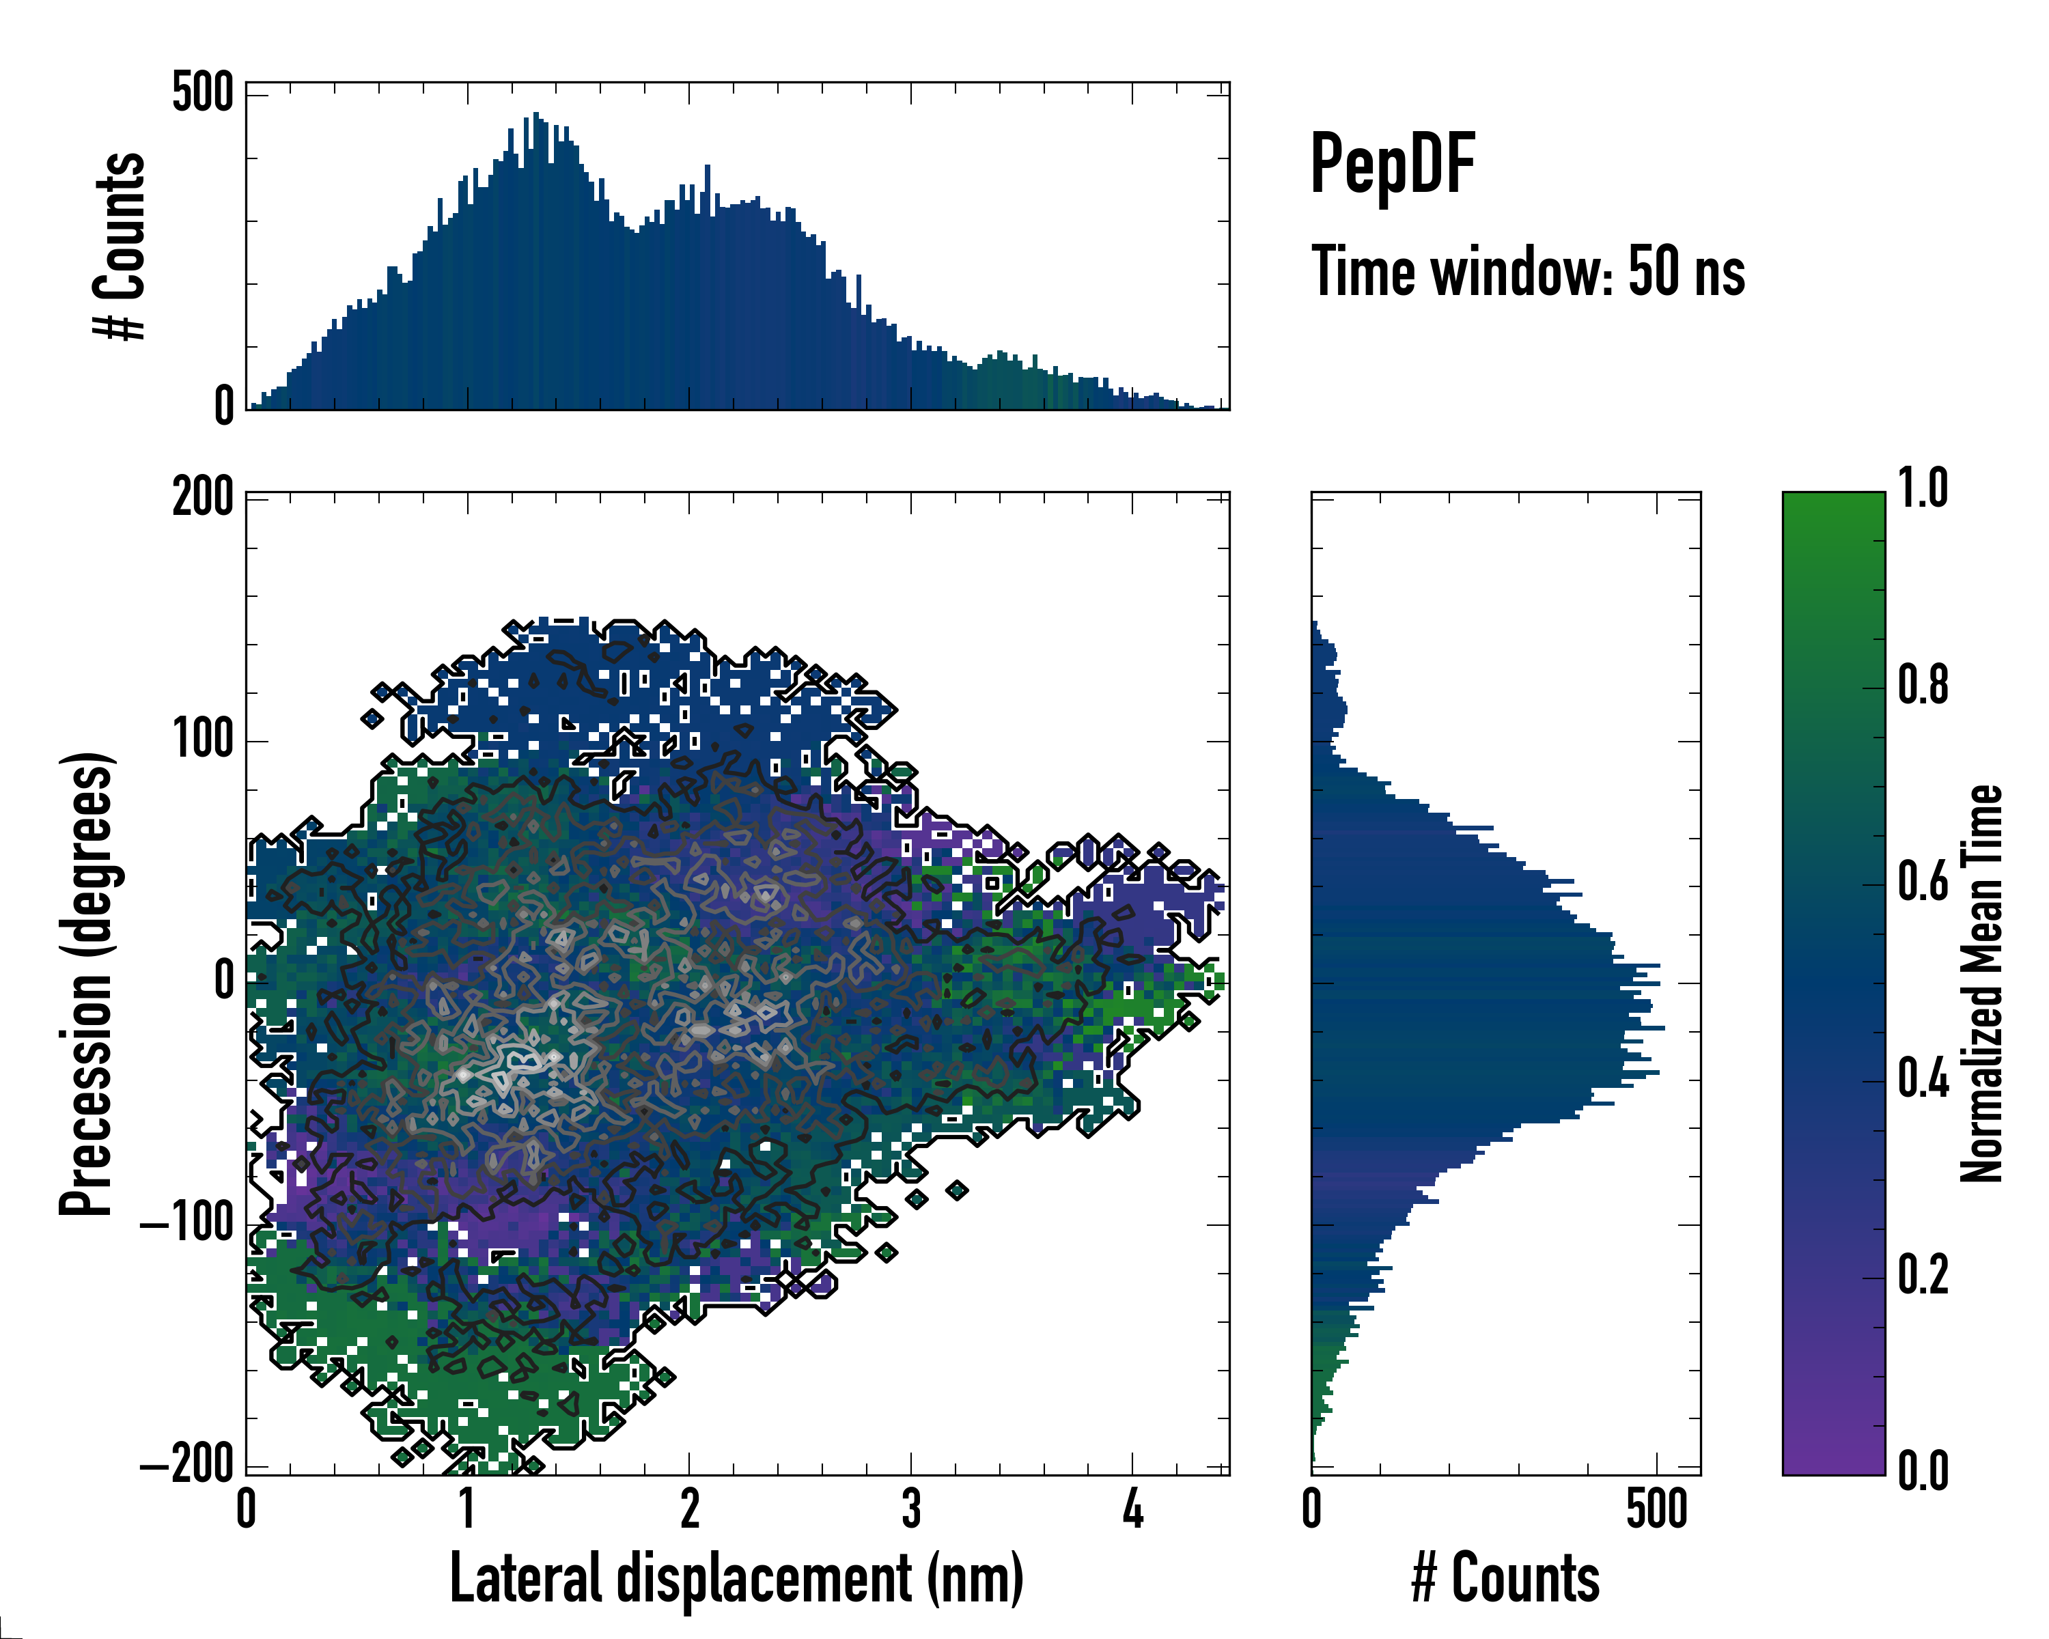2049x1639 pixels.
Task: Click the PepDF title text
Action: point(1392,163)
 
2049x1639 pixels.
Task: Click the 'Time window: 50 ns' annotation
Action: point(1527,271)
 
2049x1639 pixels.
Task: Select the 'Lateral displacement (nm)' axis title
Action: point(736,1578)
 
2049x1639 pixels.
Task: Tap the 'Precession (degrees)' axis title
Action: point(87,983)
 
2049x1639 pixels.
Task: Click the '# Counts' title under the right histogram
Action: point(1505,1578)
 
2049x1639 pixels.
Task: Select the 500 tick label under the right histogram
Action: point(1656,1510)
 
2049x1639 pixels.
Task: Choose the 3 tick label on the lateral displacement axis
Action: point(911,1510)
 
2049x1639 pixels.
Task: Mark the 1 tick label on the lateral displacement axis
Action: point(466,1510)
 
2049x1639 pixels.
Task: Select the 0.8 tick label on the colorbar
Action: point(1923,685)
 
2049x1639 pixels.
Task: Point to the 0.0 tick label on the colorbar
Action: point(1923,1471)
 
